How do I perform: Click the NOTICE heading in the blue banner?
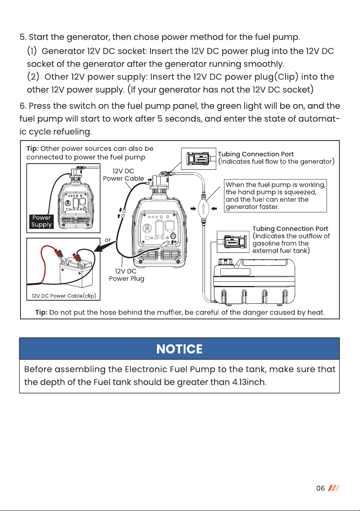179,349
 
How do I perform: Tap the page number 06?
320,488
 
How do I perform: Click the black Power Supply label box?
42,221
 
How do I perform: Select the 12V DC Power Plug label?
127,275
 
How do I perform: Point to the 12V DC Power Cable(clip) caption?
64,296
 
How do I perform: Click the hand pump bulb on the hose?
203,208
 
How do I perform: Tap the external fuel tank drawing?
254,281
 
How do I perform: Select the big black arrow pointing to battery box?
105,247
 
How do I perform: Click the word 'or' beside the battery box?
108,240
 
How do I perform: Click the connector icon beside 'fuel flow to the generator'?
198,159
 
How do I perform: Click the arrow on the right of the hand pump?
214,208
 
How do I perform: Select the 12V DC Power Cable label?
123,175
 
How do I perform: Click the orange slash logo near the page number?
334,488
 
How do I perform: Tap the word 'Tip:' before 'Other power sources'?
32,149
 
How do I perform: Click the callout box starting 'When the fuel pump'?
275,196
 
